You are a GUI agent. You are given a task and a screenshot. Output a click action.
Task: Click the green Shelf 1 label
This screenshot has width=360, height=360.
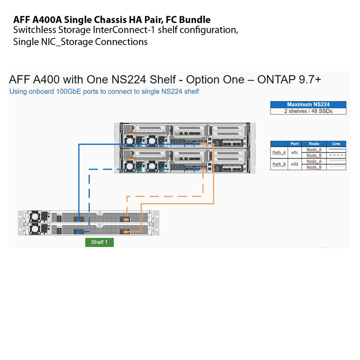coord(99,242)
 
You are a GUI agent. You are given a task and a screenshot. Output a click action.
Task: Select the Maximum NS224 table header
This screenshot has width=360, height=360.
coord(308,104)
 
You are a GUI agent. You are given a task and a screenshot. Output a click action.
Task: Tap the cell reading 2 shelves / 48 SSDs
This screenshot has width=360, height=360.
coord(308,111)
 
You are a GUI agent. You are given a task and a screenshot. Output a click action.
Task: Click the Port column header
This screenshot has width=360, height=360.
coord(295,144)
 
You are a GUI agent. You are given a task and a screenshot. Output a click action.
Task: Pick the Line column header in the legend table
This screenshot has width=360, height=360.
coord(336,144)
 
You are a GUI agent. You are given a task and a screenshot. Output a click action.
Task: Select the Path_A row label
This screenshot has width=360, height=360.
coord(279,152)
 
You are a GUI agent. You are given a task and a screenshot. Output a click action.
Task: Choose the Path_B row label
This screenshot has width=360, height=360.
coord(279,164)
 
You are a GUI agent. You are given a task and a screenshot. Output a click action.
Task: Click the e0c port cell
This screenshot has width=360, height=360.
coord(295,152)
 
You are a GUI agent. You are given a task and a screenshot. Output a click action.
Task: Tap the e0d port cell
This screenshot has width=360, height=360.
coord(295,164)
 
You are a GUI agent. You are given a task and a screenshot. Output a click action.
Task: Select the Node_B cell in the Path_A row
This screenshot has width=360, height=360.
coord(314,155)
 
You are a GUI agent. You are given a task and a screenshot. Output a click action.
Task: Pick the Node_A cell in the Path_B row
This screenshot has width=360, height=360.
coord(314,161)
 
